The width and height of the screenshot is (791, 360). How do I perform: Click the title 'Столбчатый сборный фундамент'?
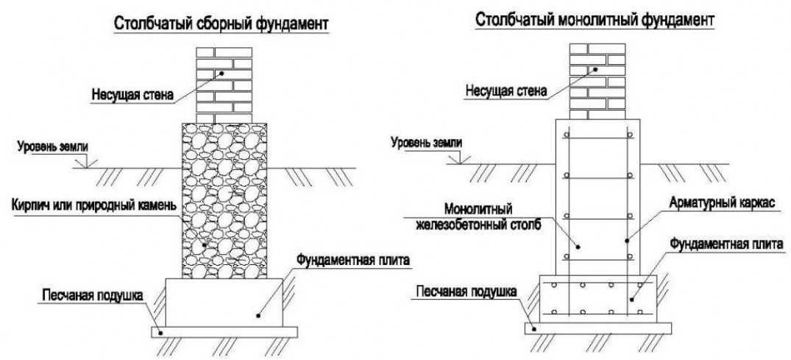pos(219,24)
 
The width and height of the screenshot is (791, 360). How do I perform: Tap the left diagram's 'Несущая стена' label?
pos(132,94)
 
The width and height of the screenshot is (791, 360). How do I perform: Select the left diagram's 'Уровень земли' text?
pos(52,146)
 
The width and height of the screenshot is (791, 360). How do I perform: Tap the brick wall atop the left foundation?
pos(221,85)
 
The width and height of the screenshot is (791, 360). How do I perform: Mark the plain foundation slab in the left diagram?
pos(224,302)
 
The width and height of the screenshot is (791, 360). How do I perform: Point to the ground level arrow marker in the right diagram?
pos(459,158)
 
